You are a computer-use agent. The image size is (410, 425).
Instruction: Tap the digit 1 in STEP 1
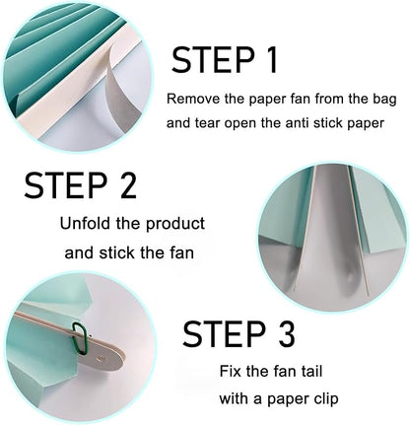pos(271,60)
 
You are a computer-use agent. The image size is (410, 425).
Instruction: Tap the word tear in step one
pos(205,123)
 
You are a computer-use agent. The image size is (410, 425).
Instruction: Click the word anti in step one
pos(297,123)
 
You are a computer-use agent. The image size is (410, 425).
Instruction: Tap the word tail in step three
pos(310,371)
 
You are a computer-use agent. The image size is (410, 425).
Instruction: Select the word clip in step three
pos(324,399)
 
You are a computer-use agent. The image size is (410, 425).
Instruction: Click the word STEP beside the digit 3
pos(224,333)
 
